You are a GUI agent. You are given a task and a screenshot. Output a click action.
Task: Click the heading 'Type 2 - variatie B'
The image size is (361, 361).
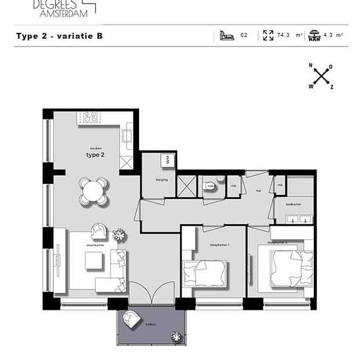pyautogui.click(x=59, y=36)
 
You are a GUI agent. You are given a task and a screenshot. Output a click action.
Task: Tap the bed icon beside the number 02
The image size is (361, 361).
pyautogui.click(x=227, y=35)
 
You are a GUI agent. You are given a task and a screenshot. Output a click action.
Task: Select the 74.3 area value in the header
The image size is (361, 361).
pyautogui.click(x=284, y=35)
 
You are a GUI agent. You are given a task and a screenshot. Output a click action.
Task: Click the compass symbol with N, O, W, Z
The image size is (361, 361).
pyautogui.click(x=321, y=77)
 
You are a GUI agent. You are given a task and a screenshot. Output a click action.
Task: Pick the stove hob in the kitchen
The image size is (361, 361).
pyautogui.click(x=90, y=117)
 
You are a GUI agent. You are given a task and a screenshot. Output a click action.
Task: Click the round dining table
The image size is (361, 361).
pyautogui.click(x=93, y=191)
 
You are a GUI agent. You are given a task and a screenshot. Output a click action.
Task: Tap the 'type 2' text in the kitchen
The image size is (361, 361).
pyautogui.click(x=95, y=155)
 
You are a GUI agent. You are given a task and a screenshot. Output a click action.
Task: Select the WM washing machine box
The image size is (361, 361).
pyautogui.click(x=167, y=160)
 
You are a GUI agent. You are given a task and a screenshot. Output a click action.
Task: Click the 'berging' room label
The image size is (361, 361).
pyautogui.click(x=162, y=179)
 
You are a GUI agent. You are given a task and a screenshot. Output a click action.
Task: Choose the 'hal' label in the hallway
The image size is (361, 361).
pyautogui.click(x=259, y=192)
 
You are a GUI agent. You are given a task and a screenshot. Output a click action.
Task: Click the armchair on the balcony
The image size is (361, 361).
pyautogui.click(x=131, y=320)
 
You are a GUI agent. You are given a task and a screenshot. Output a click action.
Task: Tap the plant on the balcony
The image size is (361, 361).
pyautogui.click(x=176, y=336)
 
